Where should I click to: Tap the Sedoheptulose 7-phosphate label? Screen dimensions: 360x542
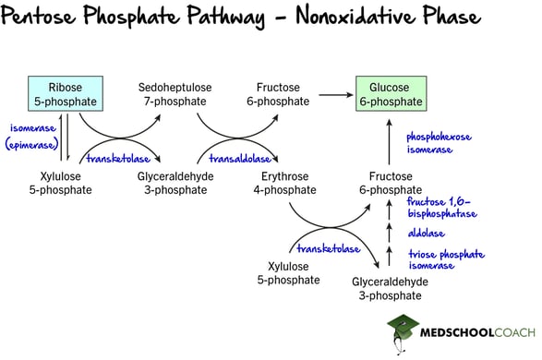tap(175, 94)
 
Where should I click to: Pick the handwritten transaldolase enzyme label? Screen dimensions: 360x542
tap(238, 158)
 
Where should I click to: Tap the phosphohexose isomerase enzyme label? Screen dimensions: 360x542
tap(439, 143)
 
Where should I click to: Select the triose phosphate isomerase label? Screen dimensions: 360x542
tap(446, 259)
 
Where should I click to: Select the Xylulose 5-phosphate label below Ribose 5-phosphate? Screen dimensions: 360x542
tap(66, 183)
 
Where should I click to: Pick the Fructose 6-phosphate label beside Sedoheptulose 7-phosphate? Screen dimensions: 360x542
tap(278, 94)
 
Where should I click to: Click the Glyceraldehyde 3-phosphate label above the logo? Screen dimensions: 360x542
tap(386, 289)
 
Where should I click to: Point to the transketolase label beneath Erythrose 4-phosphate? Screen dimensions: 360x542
tap(328, 248)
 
